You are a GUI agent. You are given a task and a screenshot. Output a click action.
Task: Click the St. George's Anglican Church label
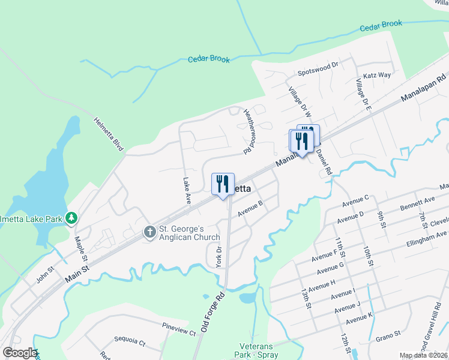click(x=189, y=233)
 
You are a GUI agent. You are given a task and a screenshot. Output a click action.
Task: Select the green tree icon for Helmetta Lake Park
click(x=71, y=217)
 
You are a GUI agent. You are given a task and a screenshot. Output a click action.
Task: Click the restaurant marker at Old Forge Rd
click(x=223, y=184)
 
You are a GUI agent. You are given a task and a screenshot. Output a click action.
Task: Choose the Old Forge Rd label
click(x=212, y=313)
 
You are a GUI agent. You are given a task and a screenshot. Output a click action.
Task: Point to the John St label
click(x=44, y=278)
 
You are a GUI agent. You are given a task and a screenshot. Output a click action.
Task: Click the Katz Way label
click(x=377, y=76)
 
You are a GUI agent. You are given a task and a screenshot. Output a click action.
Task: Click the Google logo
click(x=19, y=353)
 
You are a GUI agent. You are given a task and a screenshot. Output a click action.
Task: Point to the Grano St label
click(x=388, y=334)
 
